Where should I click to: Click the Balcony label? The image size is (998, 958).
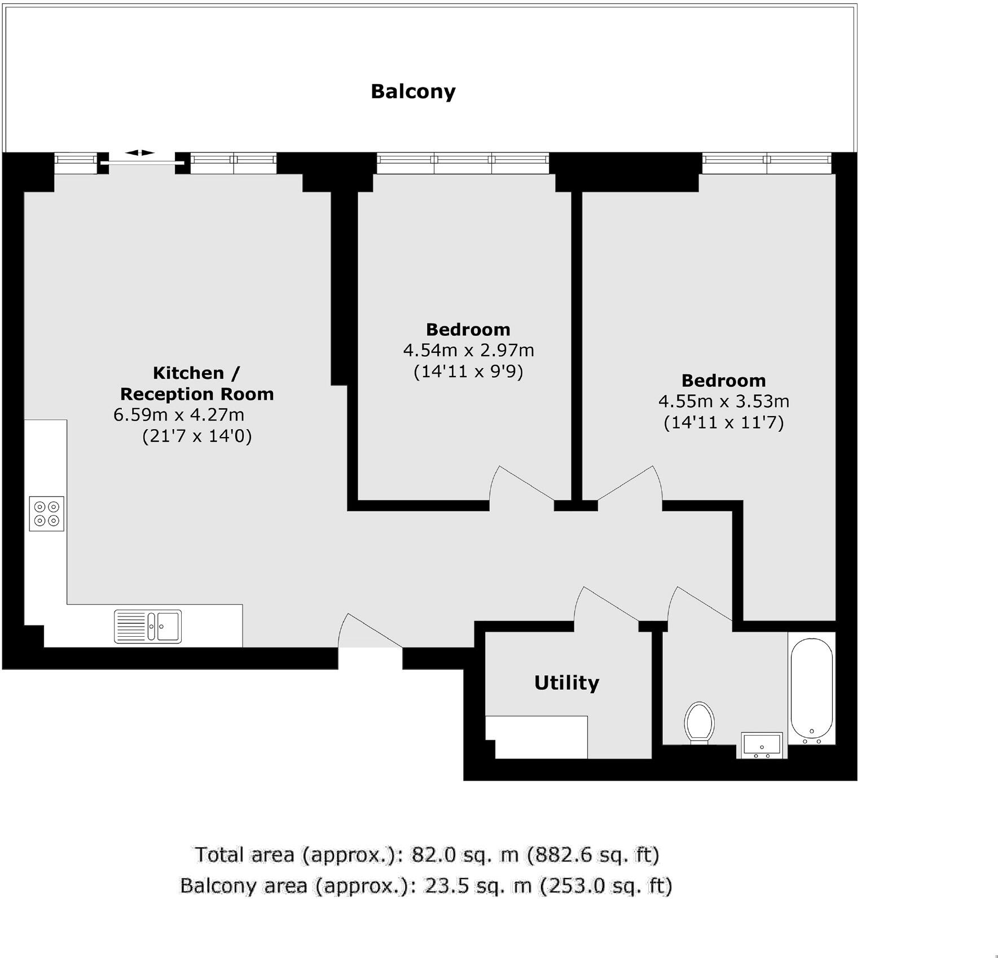[x=413, y=91]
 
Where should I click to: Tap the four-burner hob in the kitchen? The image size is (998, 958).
[x=47, y=514]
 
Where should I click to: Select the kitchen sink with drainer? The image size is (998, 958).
[x=148, y=626]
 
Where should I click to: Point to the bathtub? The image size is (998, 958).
[x=812, y=689]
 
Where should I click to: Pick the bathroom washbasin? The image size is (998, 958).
[x=762, y=745]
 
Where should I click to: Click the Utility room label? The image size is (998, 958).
[x=566, y=683]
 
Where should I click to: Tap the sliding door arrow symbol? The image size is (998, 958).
[x=139, y=153]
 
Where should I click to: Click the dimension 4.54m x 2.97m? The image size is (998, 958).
[x=468, y=351]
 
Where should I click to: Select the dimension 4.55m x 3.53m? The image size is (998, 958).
[x=724, y=401]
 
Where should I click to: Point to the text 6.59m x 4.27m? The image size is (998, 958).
[x=179, y=415]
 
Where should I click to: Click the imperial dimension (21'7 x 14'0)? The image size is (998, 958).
[x=197, y=436]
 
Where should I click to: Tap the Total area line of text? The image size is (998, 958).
[x=427, y=855]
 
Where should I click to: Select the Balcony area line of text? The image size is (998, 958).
[x=426, y=885]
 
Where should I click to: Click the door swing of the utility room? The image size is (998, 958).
[x=604, y=607]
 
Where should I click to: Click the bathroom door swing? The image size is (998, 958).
[x=697, y=607]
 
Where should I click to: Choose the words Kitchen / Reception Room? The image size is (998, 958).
[x=197, y=383]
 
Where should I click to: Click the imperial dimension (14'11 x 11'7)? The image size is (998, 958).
[x=724, y=423]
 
